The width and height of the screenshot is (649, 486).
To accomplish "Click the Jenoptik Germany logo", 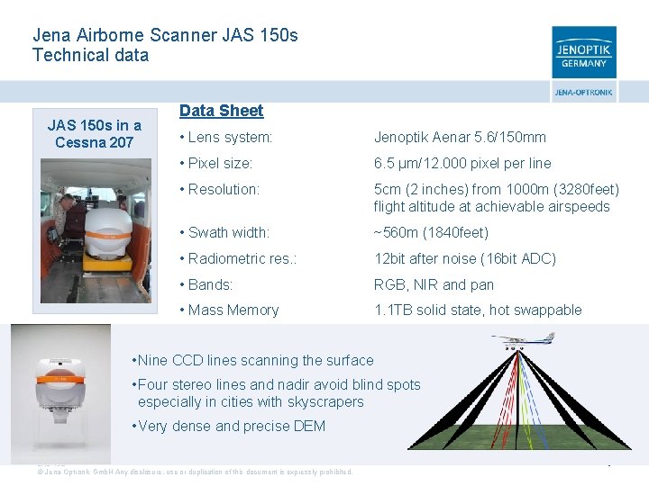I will [584, 52].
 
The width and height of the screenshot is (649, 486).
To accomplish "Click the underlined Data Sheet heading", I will [221, 111].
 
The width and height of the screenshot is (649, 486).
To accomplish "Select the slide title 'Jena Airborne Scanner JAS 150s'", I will [165, 36].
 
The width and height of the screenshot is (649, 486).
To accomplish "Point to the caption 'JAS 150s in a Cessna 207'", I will [94, 134].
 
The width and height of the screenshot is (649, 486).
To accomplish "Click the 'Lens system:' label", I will [226, 138].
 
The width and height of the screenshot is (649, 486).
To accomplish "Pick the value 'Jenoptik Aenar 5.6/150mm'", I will [460, 138].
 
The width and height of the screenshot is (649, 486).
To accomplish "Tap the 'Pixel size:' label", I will [216, 164].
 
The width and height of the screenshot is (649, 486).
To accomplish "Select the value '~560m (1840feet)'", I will [431, 233].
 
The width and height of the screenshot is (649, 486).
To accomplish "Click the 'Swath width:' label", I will [224, 233].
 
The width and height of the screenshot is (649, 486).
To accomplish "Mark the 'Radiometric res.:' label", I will [237, 259].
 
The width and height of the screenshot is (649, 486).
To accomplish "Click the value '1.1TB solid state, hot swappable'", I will [478, 310].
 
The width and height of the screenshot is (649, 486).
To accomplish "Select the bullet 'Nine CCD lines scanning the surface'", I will [252, 361].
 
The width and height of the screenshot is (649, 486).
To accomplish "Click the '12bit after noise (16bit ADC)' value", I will [465, 259].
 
